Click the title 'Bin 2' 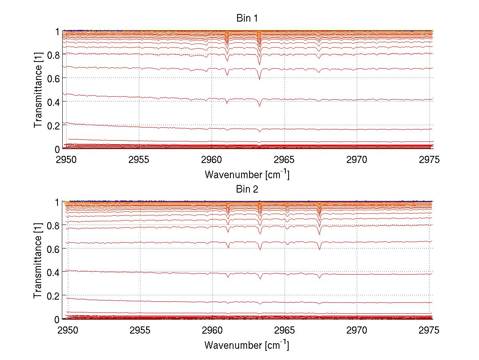[x=247, y=189]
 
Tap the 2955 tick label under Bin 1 [x=139, y=160]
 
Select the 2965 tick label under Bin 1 [x=284, y=160]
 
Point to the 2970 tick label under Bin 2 [x=357, y=331]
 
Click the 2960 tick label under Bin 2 [x=212, y=331]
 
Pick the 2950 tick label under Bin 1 [x=66, y=160]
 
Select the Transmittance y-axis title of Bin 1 [x=38, y=90]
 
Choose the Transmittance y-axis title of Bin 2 [x=38, y=261]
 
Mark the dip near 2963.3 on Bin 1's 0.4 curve [x=259, y=106]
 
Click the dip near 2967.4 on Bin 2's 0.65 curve [x=319, y=249]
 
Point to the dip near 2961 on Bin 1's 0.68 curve [x=227, y=74]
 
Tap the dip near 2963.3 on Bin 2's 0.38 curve [x=260, y=278]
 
